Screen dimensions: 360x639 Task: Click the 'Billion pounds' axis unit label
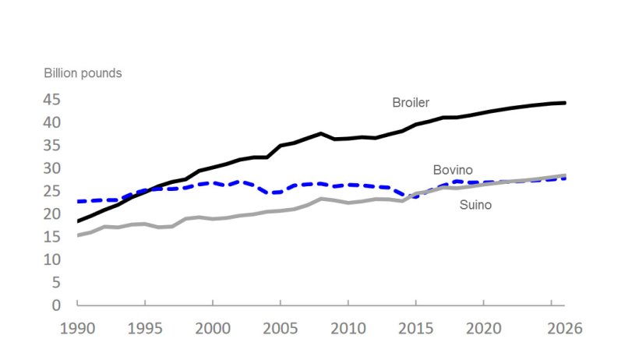tap(82, 73)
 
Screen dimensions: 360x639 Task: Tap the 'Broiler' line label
tap(411, 102)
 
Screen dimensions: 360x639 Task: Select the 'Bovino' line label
tap(453, 170)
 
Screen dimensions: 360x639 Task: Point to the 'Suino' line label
tap(475, 206)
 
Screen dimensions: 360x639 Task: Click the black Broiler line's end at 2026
tap(565, 103)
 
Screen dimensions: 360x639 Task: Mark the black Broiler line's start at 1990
tap(78, 221)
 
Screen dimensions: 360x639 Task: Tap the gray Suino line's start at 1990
tap(78, 235)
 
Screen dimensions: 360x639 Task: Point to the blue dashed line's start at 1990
tap(78, 201)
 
